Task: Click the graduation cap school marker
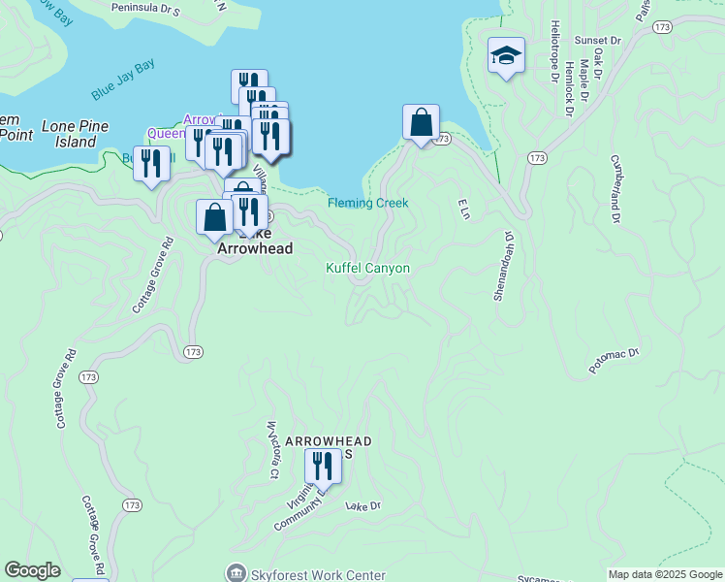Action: tap(506, 55)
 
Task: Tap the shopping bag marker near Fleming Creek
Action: tap(421, 123)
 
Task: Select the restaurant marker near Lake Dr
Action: tap(323, 467)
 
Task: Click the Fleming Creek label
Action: tap(367, 203)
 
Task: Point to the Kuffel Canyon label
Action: tap(367, 268)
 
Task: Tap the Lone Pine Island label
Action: tap(75, 134)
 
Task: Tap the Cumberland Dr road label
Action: tap(614, 187)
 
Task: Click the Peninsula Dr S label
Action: tap(145, 7)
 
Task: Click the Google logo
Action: tap(33, 570)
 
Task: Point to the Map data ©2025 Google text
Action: tap(664, 574)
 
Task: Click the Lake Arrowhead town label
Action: tap(254, 242)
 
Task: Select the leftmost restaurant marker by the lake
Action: tap(151, 164)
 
